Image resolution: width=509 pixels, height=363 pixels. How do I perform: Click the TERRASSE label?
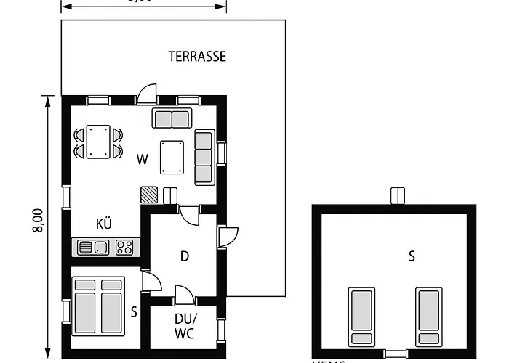pos(197,56)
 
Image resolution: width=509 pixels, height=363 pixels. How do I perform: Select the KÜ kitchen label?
pos(104,224)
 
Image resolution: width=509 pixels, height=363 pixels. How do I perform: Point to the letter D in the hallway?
pos(185,256)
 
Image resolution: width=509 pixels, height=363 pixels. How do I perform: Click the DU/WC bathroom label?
pos(185,326)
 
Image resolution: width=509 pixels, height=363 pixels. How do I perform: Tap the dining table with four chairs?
pos(98,142)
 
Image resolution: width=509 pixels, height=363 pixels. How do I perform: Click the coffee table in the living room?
pos(172,157)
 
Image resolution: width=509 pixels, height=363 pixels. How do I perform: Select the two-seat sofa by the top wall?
pos(172,118)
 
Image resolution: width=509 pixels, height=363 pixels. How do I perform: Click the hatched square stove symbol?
pos(149,195)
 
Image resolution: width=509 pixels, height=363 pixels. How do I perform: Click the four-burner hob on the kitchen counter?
pos(125,248)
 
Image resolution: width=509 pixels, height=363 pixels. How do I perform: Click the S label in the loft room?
pos(412,256)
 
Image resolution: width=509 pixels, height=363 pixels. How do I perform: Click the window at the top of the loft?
pos(397,196)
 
